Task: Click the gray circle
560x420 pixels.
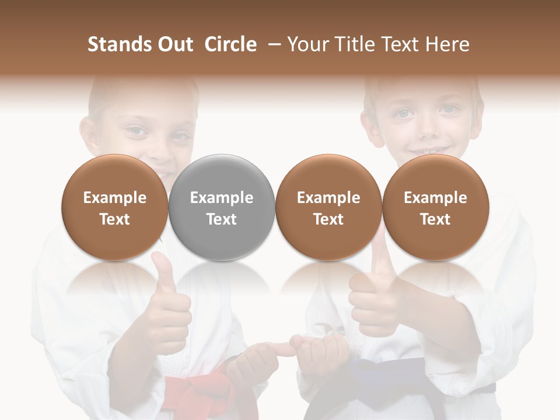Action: [x=222, y=208]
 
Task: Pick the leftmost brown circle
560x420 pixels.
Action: [x=114, y=208]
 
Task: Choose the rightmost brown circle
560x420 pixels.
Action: [x=435, y=208]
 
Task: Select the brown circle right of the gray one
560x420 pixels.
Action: [x=328, y=208]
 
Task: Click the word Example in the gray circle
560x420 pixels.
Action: [x=222, y=198]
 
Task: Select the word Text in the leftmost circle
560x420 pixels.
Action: [x=114, y=219]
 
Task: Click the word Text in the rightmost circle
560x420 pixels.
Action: [x=435, y=219]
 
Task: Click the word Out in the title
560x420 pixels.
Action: [x=173, y=44]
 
